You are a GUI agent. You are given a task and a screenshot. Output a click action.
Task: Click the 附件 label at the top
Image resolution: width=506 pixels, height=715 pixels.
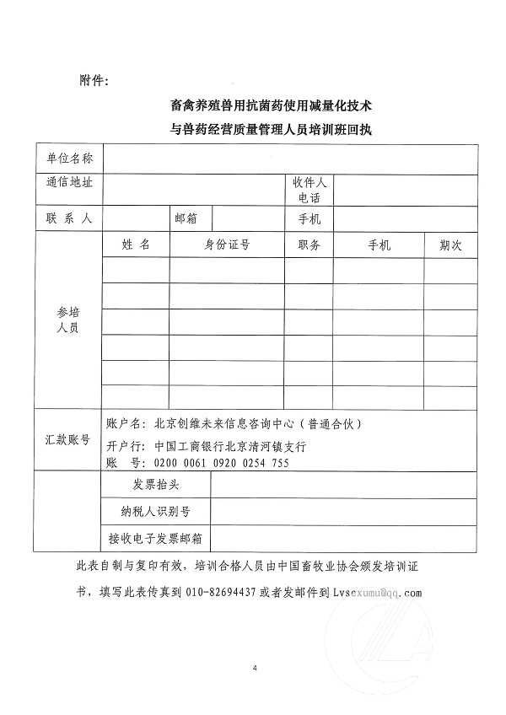94,81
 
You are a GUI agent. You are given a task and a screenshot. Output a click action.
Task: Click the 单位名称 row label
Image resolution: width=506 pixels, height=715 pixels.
70,159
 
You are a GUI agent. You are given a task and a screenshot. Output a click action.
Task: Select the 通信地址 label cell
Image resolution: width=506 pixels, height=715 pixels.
70,182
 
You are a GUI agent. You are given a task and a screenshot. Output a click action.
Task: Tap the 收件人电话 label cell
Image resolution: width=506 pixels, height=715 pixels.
309,190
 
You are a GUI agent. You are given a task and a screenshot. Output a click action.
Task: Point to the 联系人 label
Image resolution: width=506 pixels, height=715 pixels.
70,218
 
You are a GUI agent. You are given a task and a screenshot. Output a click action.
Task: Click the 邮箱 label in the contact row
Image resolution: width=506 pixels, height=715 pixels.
186,218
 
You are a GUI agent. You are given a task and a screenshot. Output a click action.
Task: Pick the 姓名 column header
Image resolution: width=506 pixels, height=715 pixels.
135,245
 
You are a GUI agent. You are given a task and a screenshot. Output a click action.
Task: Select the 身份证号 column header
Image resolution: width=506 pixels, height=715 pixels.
227,245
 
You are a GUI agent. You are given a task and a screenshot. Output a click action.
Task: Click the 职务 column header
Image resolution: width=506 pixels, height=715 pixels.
309,245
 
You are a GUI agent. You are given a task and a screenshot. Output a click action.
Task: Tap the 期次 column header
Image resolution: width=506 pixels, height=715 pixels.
450,245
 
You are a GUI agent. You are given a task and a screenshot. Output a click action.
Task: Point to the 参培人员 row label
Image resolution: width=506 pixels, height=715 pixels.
67,320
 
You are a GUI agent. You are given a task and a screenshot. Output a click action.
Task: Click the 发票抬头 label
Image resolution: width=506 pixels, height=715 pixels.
156,485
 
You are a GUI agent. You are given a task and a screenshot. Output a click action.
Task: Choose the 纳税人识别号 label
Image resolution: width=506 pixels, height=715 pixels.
156,511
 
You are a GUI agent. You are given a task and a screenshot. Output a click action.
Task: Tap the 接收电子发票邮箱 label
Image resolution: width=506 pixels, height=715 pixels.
156,536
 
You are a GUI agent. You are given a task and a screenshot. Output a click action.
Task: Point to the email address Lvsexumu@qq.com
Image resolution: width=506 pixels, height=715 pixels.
377,592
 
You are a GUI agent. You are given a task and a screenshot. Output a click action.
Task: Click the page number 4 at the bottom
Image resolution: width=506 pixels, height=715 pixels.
254,669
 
